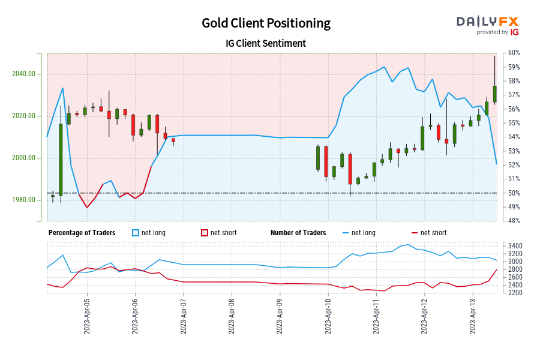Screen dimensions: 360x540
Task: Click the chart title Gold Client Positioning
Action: pyautogui.click(x=266, y=23)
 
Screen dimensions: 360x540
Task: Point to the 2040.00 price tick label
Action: pyautogui.click(x=23, y=74)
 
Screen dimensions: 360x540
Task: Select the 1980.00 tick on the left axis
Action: pyautogui.click(x=23, y=200)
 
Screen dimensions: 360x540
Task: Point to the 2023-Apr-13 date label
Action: pyautogui.click(x=472, y=317)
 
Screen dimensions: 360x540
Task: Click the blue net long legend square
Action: pyautogui.click(x=136, y=233)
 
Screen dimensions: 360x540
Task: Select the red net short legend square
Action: pyautogui.click(x=205, y=233)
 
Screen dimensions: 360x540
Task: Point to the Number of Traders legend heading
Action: pyautogui.click(x=298, y=233)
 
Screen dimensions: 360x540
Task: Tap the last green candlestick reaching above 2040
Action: pyautogui.click(x=495, y=94)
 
